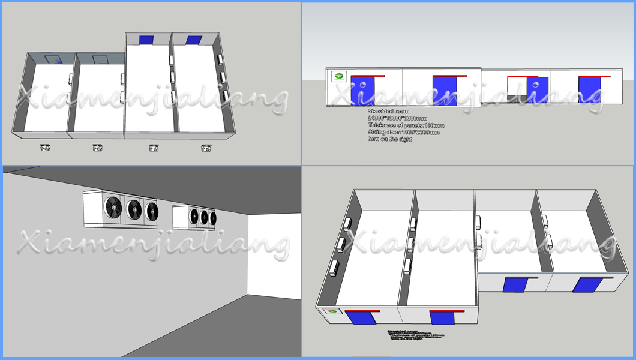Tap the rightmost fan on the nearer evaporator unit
tap(152, 212)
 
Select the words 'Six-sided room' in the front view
tap(388, 111)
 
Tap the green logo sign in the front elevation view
tap(339, 76)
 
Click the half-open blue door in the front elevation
tap(537, 91)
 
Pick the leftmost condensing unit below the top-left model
tap(44, 147)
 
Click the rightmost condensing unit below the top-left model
tap(206, 147)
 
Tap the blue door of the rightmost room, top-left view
tap(193, 40)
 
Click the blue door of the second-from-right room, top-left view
tap(146, 40)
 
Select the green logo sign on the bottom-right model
tap(331, 312)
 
